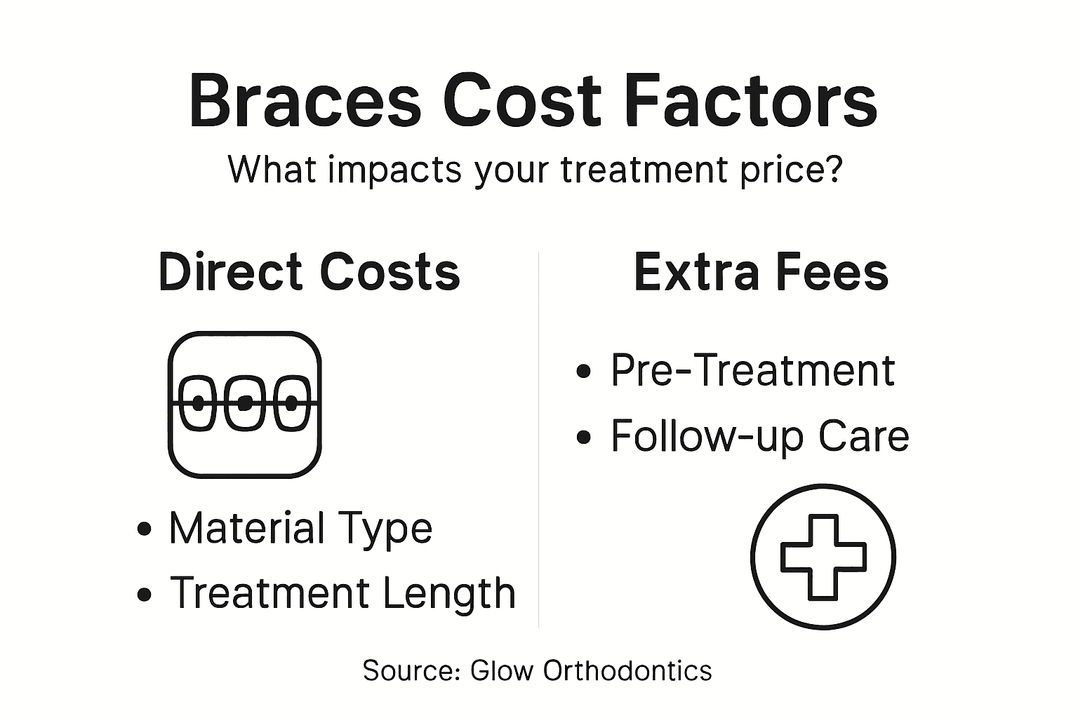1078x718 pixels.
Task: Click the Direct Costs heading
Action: [310, 272]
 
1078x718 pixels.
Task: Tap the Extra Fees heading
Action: [761, 272]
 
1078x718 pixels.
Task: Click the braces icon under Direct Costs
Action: [244, 405]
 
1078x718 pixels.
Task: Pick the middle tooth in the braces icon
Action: [244, 403]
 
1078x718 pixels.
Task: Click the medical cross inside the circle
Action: [823, 557]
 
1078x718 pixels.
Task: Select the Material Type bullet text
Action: [300, 529]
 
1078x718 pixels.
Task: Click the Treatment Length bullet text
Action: [342, 593]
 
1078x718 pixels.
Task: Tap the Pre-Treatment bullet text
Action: [752, 370]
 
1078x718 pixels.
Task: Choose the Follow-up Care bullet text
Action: [759, 436]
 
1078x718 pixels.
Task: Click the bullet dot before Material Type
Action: [145, 529]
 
